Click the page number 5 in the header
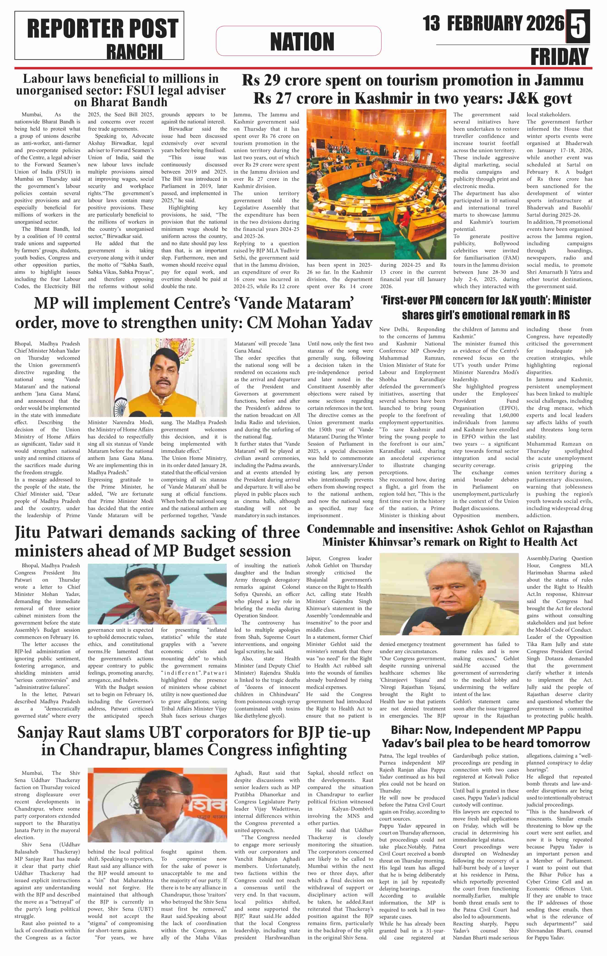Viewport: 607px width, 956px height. [578, 26]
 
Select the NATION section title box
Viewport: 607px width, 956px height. [298, 41]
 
